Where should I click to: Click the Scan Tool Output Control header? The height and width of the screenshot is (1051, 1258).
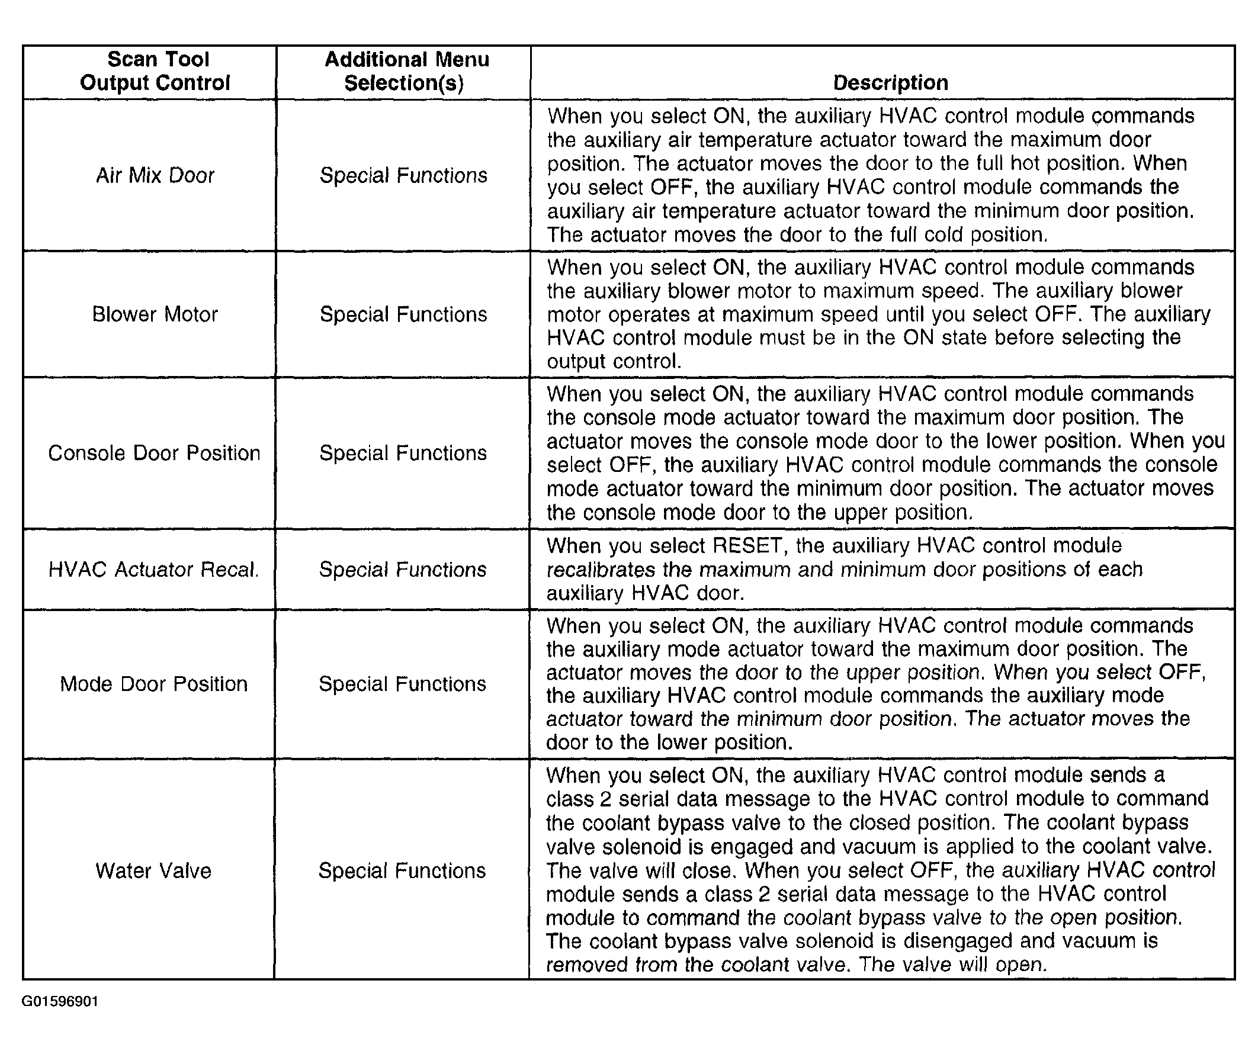(155, 71)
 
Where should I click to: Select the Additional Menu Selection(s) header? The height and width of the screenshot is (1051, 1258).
(406, 71)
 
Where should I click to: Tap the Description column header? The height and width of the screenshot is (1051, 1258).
(890, 83)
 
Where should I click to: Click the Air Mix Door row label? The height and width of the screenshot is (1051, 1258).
(155, 175)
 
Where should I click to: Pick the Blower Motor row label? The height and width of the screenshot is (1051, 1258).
(155, 314)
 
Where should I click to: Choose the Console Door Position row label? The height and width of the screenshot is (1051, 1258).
(154, 454)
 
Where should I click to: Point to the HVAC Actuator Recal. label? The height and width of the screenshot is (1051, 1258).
(154, 570)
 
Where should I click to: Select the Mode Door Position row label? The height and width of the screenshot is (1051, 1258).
(154, 684)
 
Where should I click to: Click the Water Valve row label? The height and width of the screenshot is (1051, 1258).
(153, 871)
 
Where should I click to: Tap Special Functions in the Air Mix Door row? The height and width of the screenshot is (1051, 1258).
(404, 175)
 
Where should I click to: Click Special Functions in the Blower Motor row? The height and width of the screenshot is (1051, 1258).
(404, 314)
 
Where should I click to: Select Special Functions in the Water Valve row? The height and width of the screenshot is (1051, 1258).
(402, 871)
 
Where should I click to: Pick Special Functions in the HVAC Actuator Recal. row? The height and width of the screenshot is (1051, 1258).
(403, 570)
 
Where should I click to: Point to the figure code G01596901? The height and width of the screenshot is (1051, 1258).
(60, 1001)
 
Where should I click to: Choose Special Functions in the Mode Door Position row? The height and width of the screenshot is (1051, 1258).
(403, 684)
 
